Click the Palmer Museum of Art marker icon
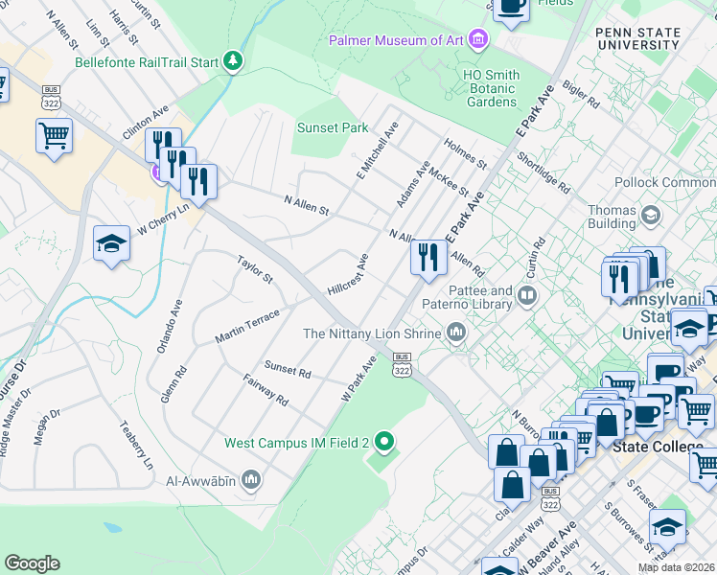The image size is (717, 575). pos(478,40)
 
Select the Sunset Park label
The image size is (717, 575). pos(333,127)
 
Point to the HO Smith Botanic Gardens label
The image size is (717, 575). pos(477,88)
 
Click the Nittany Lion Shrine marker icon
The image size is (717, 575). pos(455,333)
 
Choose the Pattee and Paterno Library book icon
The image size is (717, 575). pos(525,296)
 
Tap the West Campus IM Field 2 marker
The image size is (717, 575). pos(384,443)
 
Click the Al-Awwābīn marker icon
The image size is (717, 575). pos(252,477)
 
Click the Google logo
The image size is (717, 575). pos(32,563)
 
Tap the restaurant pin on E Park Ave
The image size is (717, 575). pos(428,257)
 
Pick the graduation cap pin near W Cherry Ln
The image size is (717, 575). pos(111,244)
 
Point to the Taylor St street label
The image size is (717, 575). pos(256,269)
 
